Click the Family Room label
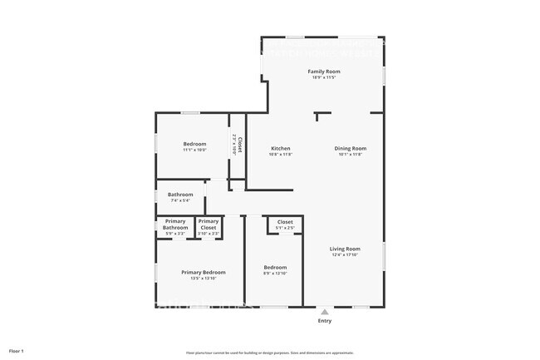(324, 72)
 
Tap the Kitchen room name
(280, 149)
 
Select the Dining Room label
(350, 149)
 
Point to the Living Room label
(345, 249)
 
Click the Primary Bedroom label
(204, 272)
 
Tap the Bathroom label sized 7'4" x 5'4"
(180, 195)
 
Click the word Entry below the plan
(324, 321)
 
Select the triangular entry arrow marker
(324, 312)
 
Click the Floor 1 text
(17, 352)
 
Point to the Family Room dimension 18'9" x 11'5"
(324, 77)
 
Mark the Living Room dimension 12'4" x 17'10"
(345, 255)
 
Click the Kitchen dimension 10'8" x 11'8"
(280, 155)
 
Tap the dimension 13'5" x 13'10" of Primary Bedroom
(204, 279)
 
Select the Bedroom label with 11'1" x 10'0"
(194, 144)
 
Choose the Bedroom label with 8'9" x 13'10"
(275, 267)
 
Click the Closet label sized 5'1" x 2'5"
(285, 222)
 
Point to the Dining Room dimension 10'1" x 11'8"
(350, 155)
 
